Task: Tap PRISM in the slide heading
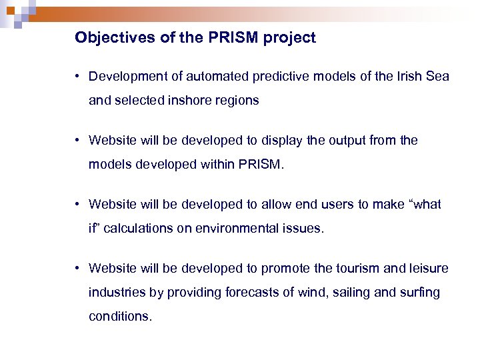pos(235,38)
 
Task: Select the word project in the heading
pos(289,38)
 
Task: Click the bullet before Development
pos(78,77)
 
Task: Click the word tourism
pos(357,269)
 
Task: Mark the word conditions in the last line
pos(120,317)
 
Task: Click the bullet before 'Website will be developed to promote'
pos(78,269)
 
